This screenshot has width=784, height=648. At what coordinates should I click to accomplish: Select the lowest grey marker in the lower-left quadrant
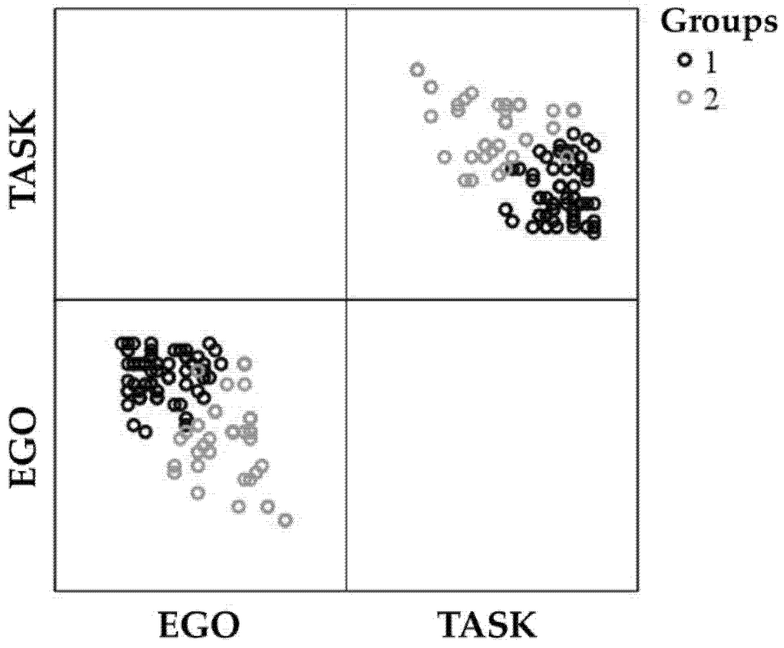point(285,520)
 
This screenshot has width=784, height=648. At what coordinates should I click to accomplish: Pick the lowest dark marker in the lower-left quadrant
point(145,432)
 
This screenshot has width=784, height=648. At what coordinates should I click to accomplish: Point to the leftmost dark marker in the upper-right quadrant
point(505,209)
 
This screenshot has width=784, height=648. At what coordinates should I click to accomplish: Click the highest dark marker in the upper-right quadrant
point(574,133)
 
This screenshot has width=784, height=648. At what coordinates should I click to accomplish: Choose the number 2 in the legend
point(711,98)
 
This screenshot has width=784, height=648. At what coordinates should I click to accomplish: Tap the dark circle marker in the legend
point(684,60)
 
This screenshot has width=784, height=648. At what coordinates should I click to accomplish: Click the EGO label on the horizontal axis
point(199,625)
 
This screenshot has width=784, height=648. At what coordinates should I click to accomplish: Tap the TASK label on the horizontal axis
point(487,625)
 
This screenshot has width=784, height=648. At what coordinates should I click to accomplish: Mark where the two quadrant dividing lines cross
point(347,299)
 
